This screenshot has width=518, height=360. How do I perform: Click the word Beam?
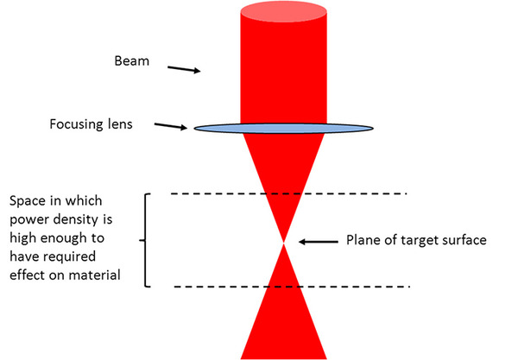click(132, 61)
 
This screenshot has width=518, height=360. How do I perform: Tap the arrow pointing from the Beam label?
click(184, 69)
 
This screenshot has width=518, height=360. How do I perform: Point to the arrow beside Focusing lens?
click(171, 127)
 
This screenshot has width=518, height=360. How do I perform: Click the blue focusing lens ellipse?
click(283, 129)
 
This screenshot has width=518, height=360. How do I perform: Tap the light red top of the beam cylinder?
click(283, 12)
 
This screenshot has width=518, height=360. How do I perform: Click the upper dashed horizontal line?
click(288, 193)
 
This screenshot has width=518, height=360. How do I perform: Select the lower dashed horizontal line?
click(292, 287)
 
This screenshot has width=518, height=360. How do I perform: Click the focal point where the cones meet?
click(283, 243)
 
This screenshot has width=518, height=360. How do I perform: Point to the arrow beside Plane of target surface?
click(319, 242)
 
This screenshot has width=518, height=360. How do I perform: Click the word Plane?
click(363, 240)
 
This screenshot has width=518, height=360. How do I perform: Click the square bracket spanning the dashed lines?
click(145, 240)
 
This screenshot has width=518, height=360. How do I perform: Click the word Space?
click(28, 201)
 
